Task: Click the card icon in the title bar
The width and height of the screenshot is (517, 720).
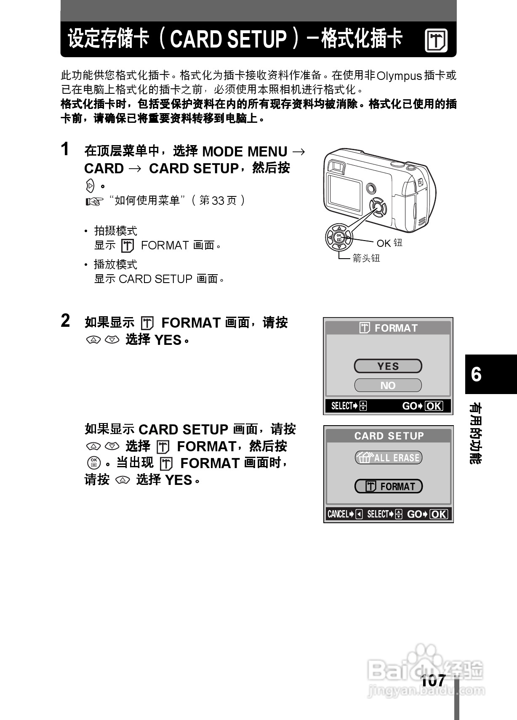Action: (436, 41)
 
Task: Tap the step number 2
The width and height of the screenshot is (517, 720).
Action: (65, 321)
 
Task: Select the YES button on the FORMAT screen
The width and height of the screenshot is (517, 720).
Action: (388, 366)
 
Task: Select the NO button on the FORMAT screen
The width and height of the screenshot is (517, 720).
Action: (388, 385)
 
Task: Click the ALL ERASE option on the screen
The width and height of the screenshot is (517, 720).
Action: (388, 458)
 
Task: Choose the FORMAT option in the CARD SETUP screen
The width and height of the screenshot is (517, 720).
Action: (388, 487)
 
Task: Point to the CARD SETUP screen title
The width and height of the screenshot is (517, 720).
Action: (389, 436)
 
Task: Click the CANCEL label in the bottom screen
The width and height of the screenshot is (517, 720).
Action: (338, 514)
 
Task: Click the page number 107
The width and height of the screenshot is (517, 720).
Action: (433, 680)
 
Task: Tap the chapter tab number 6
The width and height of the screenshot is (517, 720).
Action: (476, 374)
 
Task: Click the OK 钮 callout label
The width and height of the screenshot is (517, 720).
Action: (389, 243)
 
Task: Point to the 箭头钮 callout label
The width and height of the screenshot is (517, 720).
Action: (366, 258)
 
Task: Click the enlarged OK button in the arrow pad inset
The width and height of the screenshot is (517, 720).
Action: (339, 237)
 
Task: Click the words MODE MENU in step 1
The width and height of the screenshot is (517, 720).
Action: (245, 151)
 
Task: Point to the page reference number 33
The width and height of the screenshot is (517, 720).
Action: (218, 201)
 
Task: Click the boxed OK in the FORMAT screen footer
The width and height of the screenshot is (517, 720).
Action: (434, 406)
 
